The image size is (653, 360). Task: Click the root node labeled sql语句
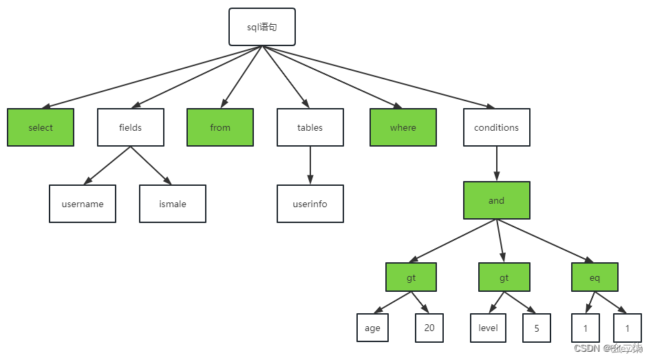pos(261,27)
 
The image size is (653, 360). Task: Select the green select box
pos(41,127)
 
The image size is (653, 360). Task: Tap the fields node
pos(131,127)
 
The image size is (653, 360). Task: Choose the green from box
pos(220,127)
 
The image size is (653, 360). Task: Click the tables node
pos(310,127)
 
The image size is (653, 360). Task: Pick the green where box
pos(403,127)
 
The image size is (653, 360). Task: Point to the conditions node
pos(496,127)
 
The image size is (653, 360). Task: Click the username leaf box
pos(83,204)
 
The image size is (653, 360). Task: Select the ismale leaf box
pos(173,204)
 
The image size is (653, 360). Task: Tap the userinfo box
pos(310,204)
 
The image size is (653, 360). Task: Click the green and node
pos(496,200)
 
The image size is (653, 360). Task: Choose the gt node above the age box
pos(411,278)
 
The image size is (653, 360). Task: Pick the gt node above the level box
pos(504,278)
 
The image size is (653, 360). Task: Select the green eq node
pos(595,278)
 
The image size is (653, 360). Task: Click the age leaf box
pos(372,328)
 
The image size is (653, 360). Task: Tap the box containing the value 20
pos(429,328)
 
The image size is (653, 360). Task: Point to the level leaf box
pos(488,328)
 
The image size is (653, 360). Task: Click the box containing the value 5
pos(537,328)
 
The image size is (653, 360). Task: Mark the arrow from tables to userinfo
pos(310,165)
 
